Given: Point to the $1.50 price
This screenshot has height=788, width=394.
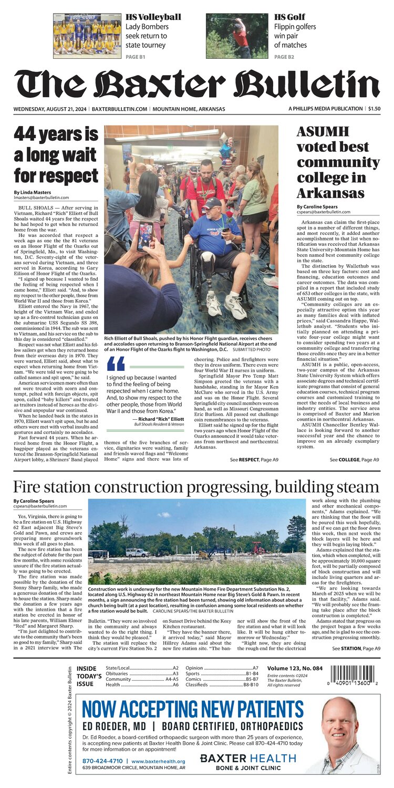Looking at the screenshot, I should tap(374, 109).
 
